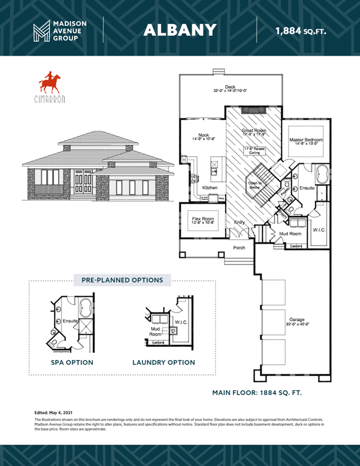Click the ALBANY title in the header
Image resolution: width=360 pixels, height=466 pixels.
(179, 30)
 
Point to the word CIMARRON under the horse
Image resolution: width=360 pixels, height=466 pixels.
(49, 99)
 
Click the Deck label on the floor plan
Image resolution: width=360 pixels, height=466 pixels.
(230, 87)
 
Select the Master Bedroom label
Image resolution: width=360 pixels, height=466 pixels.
(306, 140)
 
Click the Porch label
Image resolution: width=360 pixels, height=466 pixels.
(239, 248)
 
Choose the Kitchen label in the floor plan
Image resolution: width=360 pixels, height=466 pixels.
(210, 187)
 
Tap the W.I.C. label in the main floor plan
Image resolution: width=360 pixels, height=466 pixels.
(319, 230)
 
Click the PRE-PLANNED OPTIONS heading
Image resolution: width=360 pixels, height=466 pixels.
(122, 280)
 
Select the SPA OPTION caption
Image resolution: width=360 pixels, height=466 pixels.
(72, 362)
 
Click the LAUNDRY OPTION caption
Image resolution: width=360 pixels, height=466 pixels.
(164, 362)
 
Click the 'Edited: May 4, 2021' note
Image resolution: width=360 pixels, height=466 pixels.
(53, 413)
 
